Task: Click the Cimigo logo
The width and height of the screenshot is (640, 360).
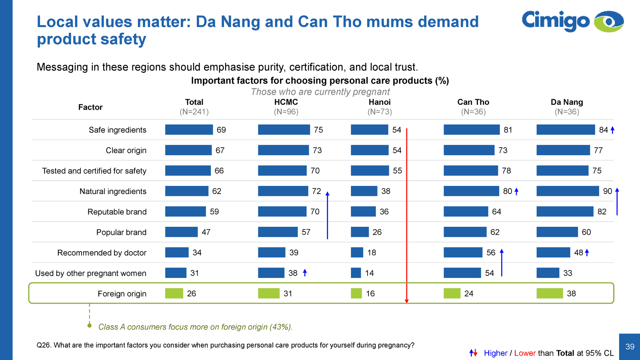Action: [572, 21]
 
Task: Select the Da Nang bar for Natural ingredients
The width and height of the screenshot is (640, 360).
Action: [568, 191]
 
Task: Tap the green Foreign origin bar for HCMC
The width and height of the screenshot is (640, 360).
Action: [268, 294]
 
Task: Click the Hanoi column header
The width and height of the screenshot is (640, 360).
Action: [380, 102]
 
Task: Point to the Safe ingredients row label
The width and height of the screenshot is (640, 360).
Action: [118, 130]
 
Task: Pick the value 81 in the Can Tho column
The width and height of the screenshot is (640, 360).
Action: [508, 130]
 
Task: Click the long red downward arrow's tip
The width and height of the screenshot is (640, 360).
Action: [406, 301]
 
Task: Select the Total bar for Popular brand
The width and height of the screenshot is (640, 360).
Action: [181, 232]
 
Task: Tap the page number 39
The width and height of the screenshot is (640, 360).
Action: [630, 347]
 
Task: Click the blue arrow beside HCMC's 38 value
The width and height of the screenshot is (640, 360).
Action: [305, 273]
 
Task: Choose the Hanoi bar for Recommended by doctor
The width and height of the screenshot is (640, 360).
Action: [357, 252]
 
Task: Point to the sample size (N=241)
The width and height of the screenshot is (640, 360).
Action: [194, 112]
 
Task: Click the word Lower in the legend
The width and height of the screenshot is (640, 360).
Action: [525, 353]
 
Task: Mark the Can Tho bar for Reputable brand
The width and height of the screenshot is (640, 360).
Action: [466, 212]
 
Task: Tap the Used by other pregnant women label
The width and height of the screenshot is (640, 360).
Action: [91, 273]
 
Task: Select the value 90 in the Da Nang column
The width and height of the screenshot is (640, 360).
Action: [607, 191]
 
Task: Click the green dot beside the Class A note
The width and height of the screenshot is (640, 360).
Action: [90, 326]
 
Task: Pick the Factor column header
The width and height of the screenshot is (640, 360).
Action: [90, 107]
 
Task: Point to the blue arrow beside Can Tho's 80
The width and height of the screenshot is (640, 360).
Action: [516, 191]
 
